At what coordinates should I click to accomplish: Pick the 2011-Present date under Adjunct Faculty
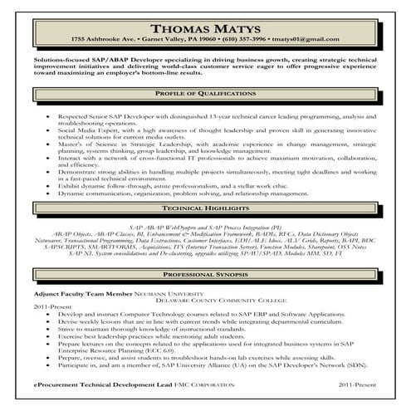[46, 307]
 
